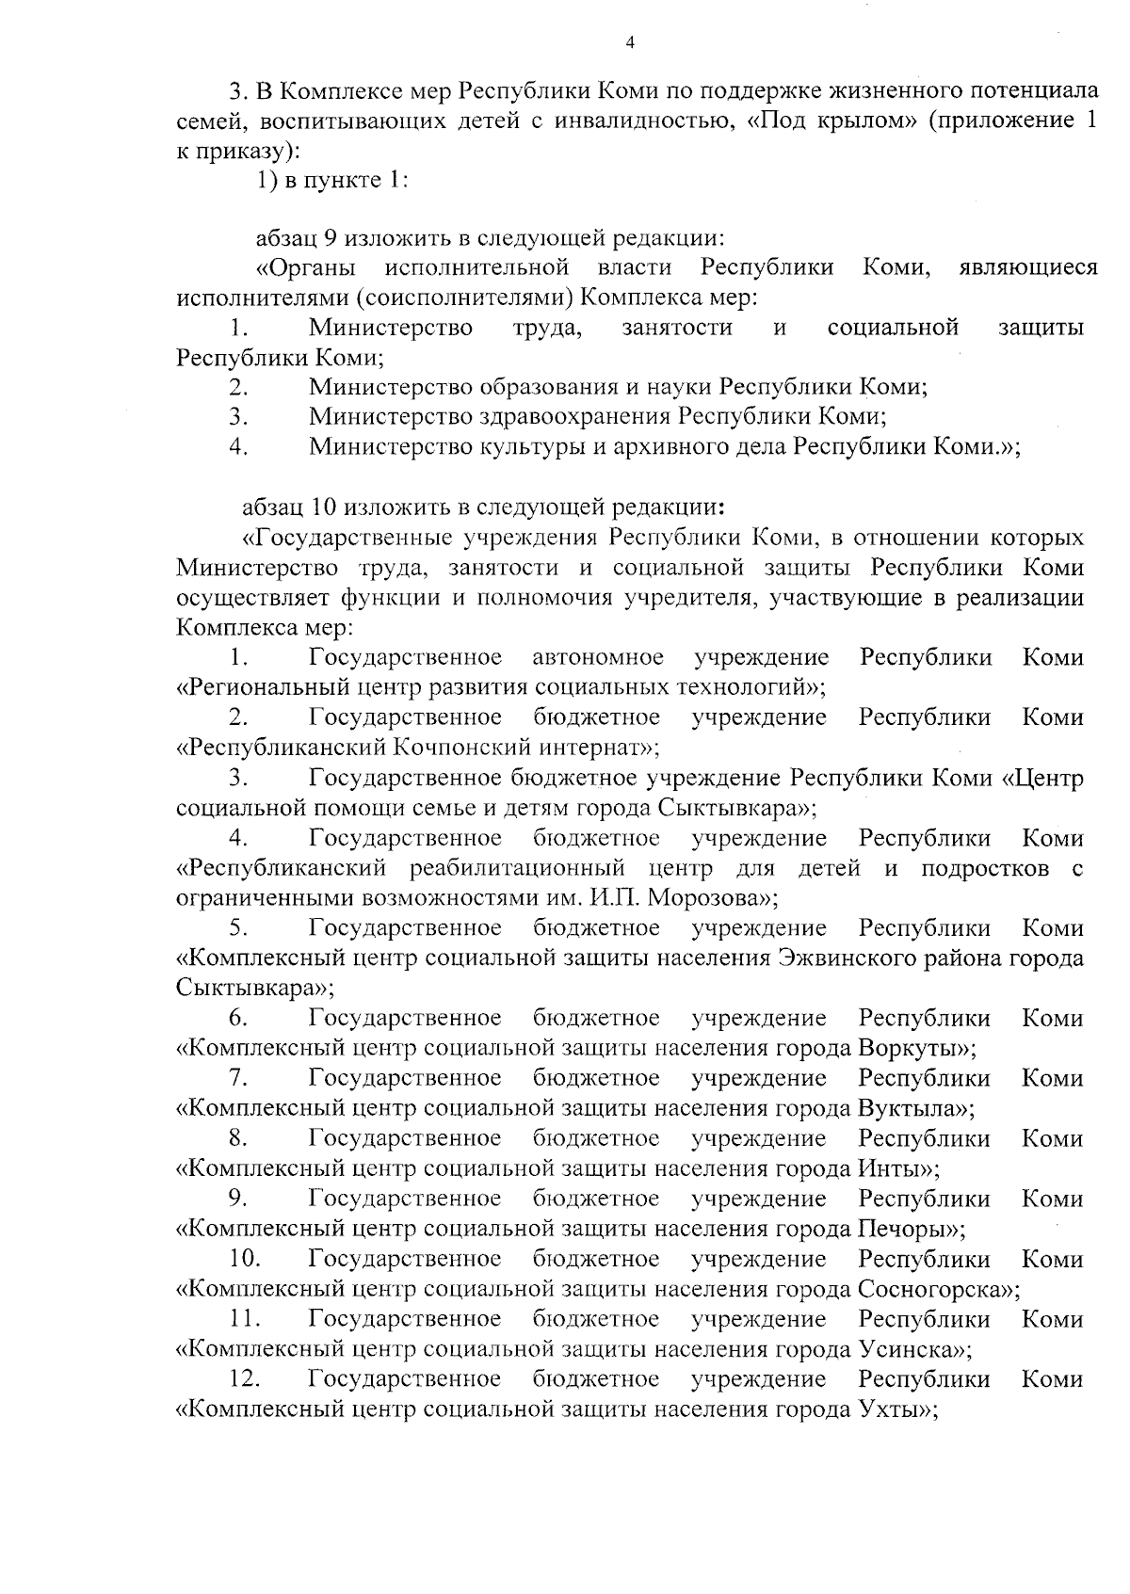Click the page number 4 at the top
629,42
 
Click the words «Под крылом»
832,121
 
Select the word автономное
597,657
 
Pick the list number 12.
244,1379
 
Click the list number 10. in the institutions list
244,1259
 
